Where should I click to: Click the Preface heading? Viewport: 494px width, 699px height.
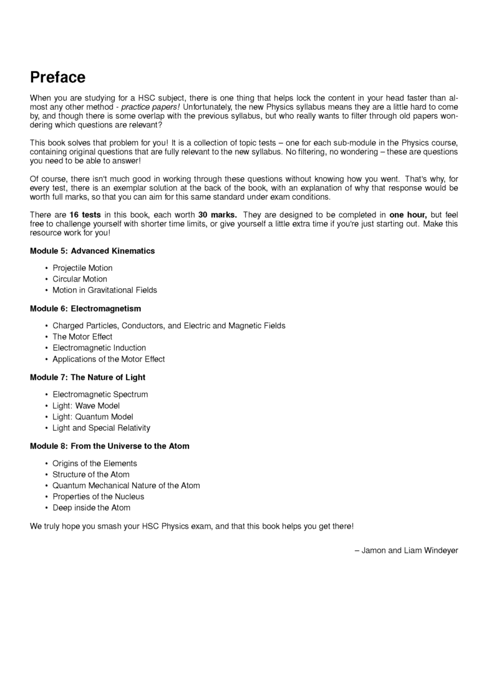pyautogui.click(x=57, y=78)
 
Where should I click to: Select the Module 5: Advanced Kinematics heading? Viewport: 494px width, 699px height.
pyautogui.click(x=92, y=251)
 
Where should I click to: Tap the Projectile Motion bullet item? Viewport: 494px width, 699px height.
pyautogui.click(x=82, y=268)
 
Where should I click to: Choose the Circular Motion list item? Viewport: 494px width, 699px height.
pyautogui.click(x=80, y=279)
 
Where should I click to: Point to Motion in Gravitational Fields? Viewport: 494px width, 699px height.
pyautogui.click(x=105, y=290)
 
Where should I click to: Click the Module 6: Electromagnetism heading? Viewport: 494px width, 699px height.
pyautogui.click(x=85, y=308)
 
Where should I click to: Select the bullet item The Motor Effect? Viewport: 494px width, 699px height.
pyautogui.click(x=82, y=336)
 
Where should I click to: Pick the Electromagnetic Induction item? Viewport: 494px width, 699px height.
pyautogui.click(x=99, y=348)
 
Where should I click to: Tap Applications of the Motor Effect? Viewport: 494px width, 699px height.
pyautogui.click(x=109, y=359)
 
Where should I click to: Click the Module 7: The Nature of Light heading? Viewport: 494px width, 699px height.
pyautogui.click(x=88, y=377)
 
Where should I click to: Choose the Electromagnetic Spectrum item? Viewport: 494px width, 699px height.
pyautogui.click(x=100, y=394)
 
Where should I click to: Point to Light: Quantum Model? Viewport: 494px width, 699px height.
pyautogui.click(x=93, y=416)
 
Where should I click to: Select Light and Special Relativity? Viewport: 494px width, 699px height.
pyautogui.click(x=101, y=428)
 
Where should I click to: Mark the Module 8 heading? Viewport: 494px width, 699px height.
pyautogui.click(x=110, y=446)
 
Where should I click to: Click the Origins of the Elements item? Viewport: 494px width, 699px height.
pyautogui.click(x=95, y=463)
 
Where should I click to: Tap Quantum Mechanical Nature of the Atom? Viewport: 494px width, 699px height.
pyautogui.click(x=126, y=486)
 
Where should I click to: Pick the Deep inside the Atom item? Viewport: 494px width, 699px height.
pyautogui.click(x=91, y=507)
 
